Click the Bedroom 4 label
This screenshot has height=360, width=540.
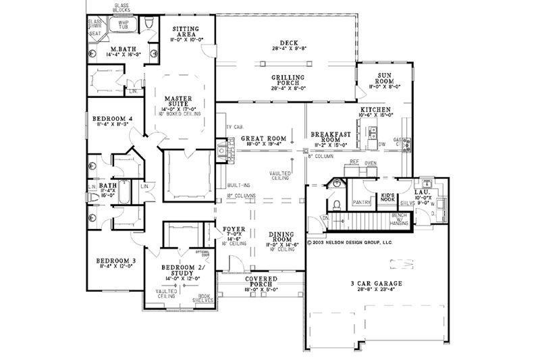click(109, 120)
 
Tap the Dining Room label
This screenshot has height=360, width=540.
click(280, 236)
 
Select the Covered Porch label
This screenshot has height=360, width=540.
click(259, 282)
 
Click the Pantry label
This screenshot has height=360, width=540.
click(362, 201)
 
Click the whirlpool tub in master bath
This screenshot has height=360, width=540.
click(124, 26)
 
